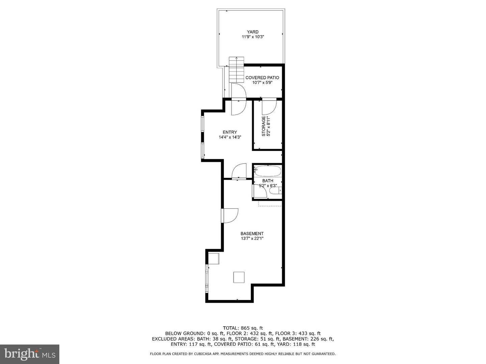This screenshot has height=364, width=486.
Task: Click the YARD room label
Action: click(x=252, y=32)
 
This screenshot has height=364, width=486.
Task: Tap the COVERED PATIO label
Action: click(x=262, y=78)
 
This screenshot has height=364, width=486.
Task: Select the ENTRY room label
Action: click(x=230, y=132)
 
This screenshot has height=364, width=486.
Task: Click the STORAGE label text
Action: click(x=264, y=126)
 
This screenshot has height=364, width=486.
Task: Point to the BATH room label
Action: click(x=268, y=181)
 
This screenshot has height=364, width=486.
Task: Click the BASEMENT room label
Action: click(x=252, y=234)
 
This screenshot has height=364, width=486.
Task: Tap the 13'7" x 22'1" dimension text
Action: click(x=252, y=239)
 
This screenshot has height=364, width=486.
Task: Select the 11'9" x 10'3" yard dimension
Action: click(x=252, y=37)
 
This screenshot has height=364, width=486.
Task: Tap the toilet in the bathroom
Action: click(x=275, y=191)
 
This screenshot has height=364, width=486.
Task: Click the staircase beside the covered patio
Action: click(x=236, y=69)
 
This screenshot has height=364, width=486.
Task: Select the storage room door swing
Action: click(x=269, y=107)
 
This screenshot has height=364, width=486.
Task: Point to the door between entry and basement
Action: click(x=239, y=171)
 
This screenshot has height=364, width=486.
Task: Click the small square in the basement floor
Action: click(x=239, y=277)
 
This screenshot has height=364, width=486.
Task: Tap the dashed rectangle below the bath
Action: click(x=270, y=203)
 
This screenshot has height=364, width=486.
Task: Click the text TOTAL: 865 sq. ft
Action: click(x=243, y=328)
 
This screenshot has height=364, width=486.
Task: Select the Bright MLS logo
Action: click(x=30, y=354)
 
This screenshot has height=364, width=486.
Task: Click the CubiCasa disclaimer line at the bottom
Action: click(x=243, y=354)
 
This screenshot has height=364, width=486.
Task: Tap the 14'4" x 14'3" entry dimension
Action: click(x=230, y=137)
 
